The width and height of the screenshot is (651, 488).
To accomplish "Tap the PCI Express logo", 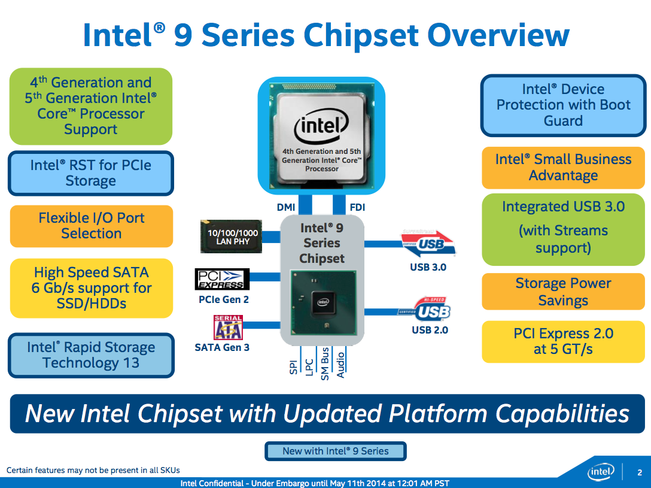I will (x=222, y=279).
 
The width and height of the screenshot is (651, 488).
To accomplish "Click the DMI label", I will (x=286, y=208).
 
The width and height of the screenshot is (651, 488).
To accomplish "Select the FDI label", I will (x=357, y=208).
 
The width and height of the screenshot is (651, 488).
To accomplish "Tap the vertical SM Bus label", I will (x=325, y=364).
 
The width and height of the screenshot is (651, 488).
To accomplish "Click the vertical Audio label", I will (x=340, y=364).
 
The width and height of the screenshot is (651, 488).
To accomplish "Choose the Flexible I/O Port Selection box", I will (x=92, y=226).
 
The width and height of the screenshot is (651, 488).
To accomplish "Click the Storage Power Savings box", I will (x=563, y=292).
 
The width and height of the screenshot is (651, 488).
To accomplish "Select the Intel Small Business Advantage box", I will (x=563, y=168).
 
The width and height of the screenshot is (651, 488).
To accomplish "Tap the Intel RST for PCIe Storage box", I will (x=91, y=173).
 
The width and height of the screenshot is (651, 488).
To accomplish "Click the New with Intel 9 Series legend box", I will (x=335, y=451).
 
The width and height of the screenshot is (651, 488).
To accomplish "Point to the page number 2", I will (x=639, y=473).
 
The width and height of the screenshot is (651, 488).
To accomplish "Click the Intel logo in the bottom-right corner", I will (x=601, y=472).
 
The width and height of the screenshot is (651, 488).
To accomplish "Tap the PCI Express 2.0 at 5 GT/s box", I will (x=563, y=341).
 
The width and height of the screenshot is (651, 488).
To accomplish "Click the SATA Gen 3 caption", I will (x=222, y=347).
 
